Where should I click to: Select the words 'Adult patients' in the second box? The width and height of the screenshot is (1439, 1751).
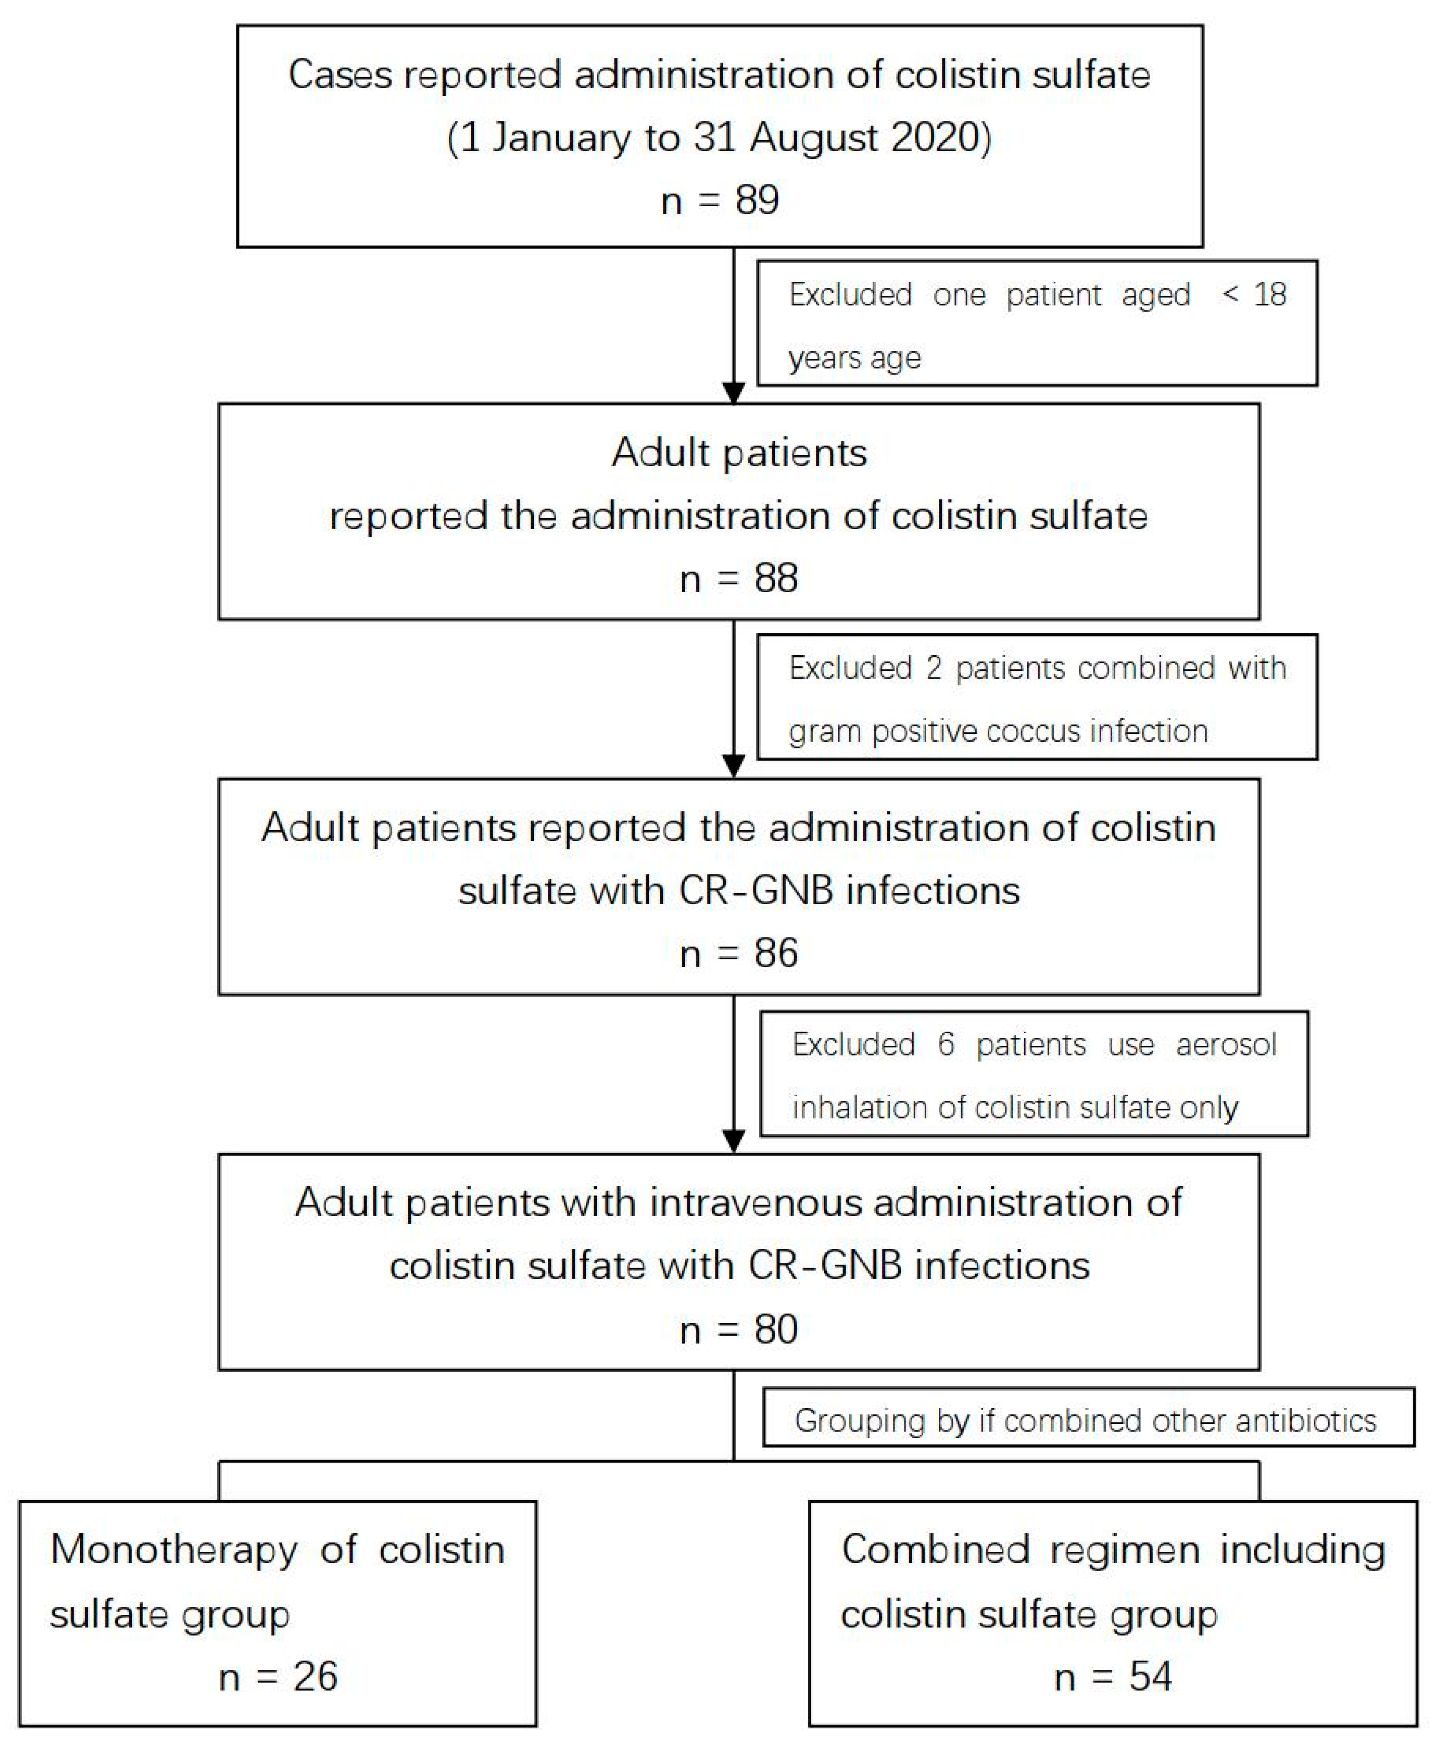point(739,453)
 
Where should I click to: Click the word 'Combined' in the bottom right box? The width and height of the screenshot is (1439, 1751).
point(934,1549)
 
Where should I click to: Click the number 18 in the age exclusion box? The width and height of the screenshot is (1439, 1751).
point(1270,294)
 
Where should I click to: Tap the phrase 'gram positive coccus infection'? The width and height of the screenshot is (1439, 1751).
point(998,731)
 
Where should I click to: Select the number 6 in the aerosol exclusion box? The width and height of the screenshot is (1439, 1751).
point(946,1044)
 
